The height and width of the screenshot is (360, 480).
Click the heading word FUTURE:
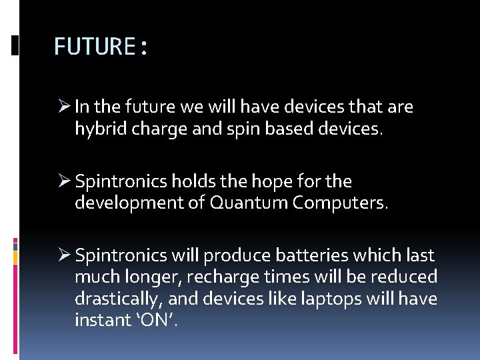pyautogui.click(x=101, y=47)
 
